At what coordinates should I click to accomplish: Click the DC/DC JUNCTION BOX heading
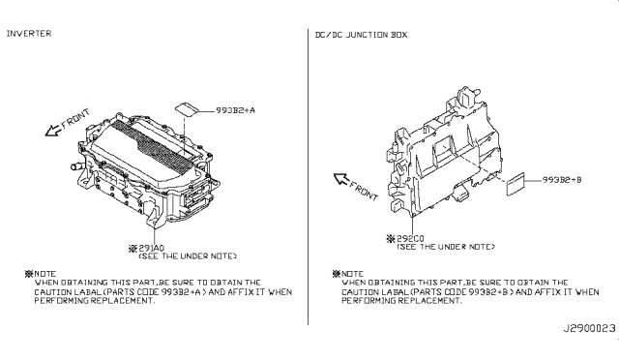click(x=361, y=34)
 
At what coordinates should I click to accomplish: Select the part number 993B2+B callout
click(x=560, y=181)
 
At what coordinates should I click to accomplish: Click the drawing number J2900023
click(x=582, y=330)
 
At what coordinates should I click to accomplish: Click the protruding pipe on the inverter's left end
click(x=73, y=168)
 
